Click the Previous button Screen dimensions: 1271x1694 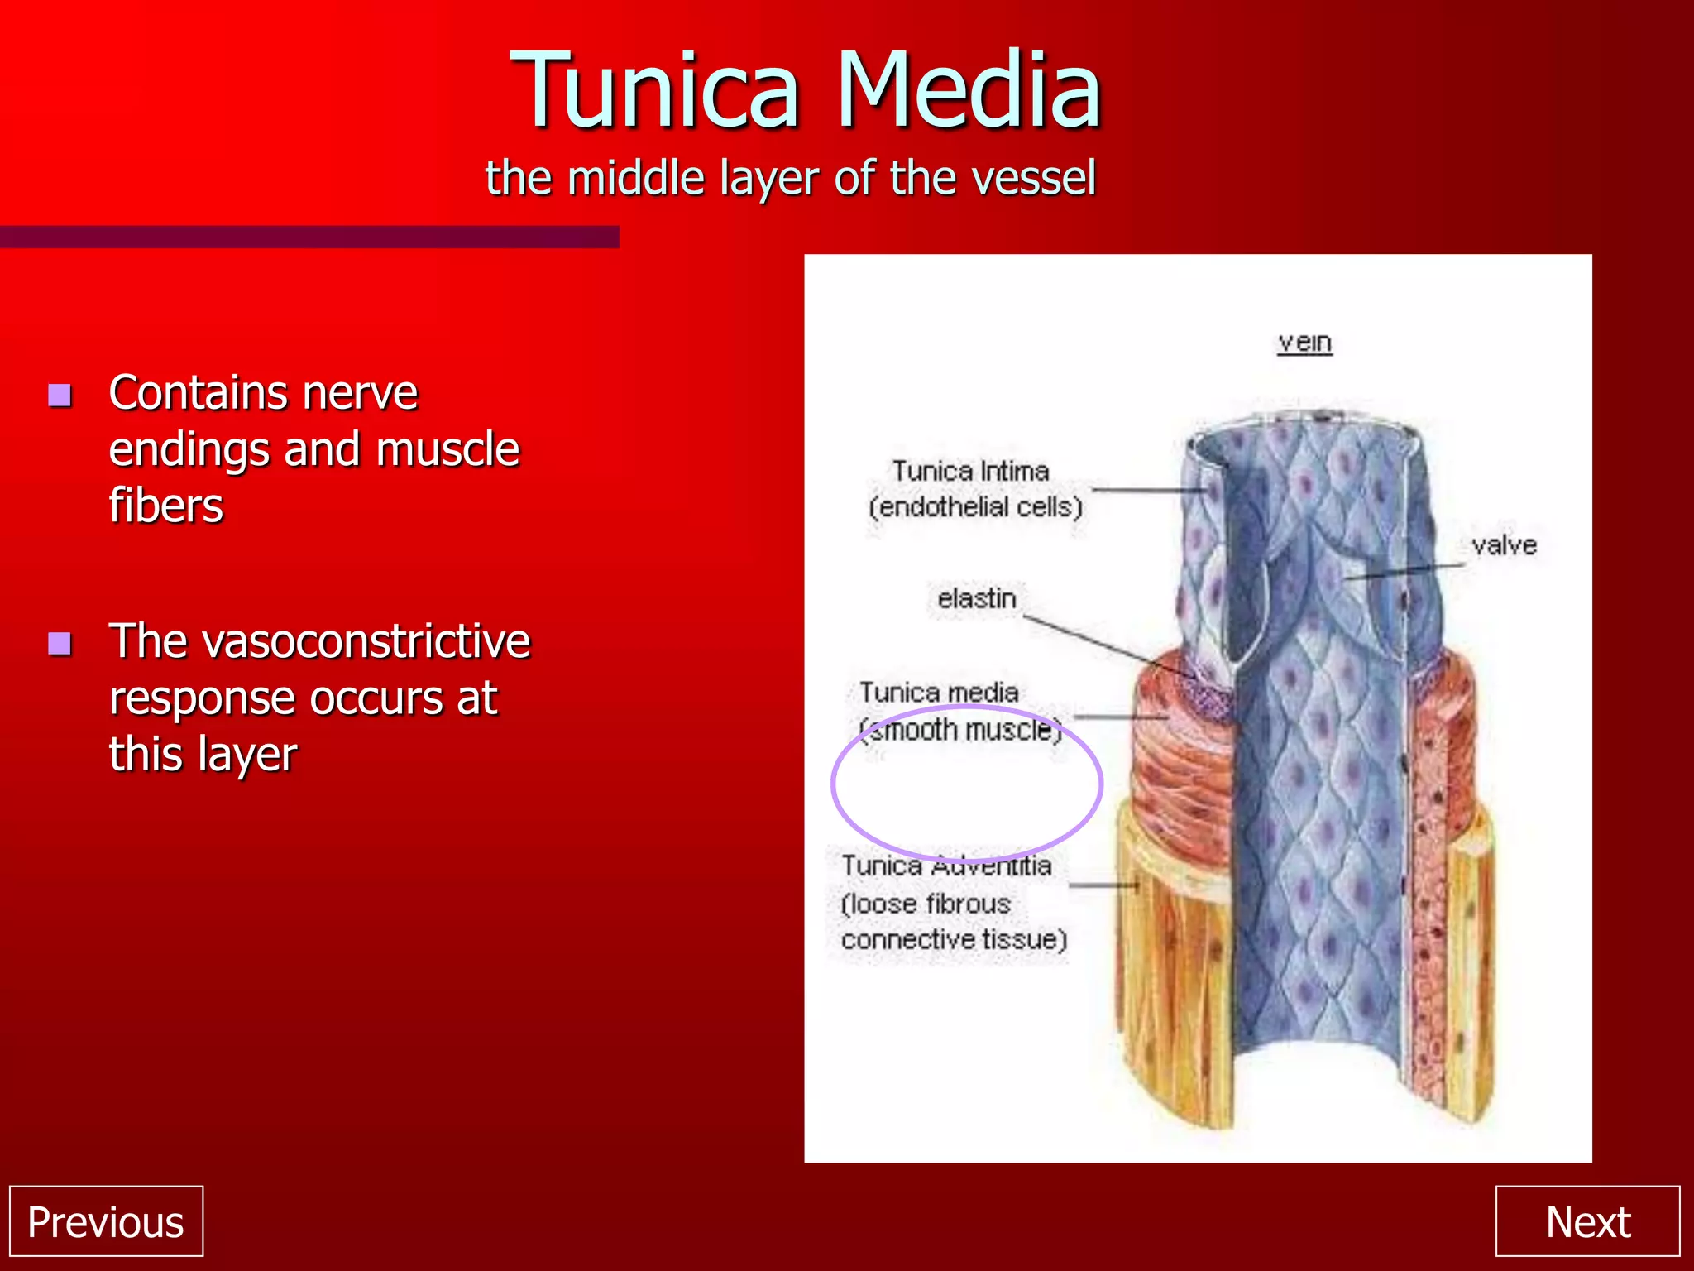tap(106, 1221)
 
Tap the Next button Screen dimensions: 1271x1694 tap(1587, 1221)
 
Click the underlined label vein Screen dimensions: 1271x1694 tap(1304, 342)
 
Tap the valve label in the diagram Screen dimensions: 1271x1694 tap(1504, 545)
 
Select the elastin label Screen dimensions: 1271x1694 tap(976, 597)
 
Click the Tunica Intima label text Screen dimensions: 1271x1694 tap(970, 471)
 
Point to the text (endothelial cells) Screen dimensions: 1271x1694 tap(975, 506)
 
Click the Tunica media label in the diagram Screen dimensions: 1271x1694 tap(939, 692)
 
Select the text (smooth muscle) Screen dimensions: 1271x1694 tap(960, 730)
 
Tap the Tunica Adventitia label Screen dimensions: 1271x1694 tap(946, 866)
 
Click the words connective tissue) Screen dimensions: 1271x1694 tap(954, 940)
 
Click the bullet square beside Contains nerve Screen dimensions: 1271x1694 tap(60, 395)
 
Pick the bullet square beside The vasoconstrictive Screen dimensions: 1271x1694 tap(60, 643)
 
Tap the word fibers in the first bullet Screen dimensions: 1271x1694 tap(165, 506)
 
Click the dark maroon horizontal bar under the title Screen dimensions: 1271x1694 tap(309, 237)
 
